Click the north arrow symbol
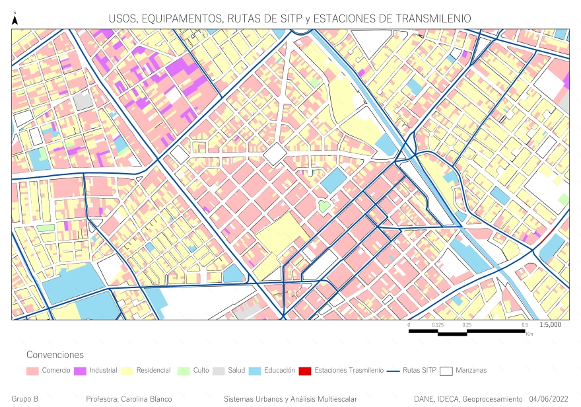pyautogui.click(x=15, y=20)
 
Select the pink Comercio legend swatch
pyautogui.click(x=32, y=371)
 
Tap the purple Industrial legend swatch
pyautogui.click(x=80, y=371)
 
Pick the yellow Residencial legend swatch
pyautogui.click(x=126, y=371)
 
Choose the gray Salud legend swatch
pyautogui.click(x=219, y=371)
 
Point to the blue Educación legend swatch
pyautogui.click(x=255, y=371)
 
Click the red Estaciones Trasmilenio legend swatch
pyautogui.click(x=305, y=371)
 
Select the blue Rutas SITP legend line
pyautogui.click(x=393, y=371)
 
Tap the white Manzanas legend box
pyautogui.click(x=447, y=371)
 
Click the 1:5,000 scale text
pyautogui.click(x=550, y=325)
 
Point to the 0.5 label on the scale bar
pyautogui.click(x=525, y=325)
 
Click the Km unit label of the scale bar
pyautogui.click(x=530, y=334)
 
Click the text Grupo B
pyautogui.click(x=25, y=399)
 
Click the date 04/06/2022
pyautogui.click(x=549, y=399)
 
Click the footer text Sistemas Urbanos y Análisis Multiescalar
pyautogui.click(x=290, y=399)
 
